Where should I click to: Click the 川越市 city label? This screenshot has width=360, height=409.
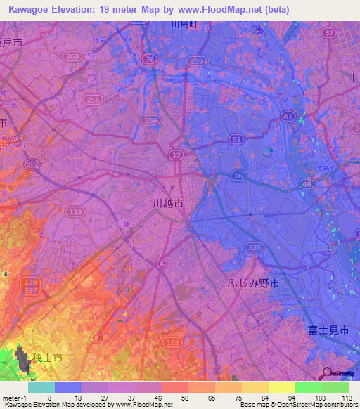pos(169,202)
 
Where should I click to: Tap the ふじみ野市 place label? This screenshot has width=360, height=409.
pos(254,283)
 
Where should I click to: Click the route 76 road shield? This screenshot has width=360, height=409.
pos(149,60)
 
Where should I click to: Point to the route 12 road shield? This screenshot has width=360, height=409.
pos(176,154)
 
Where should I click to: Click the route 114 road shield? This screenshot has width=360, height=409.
pos(74,212)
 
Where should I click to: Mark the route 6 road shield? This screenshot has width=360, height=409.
pos(162,263)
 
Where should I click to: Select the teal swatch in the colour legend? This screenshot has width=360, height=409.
pos(41,387)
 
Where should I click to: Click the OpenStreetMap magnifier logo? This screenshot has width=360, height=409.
pos(326,373)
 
